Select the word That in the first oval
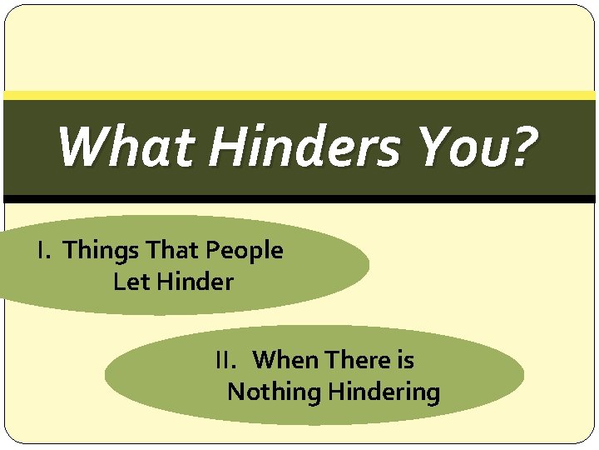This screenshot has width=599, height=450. [169, 250]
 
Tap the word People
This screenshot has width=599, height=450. [244, 251]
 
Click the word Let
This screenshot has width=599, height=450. [131, 282]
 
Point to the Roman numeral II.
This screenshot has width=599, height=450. [225, 360]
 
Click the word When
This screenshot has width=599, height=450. [286, 360]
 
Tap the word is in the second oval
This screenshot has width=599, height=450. [405, 360]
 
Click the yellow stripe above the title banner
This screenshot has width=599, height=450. [299, 95]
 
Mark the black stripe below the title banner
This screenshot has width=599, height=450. [299, 199]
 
